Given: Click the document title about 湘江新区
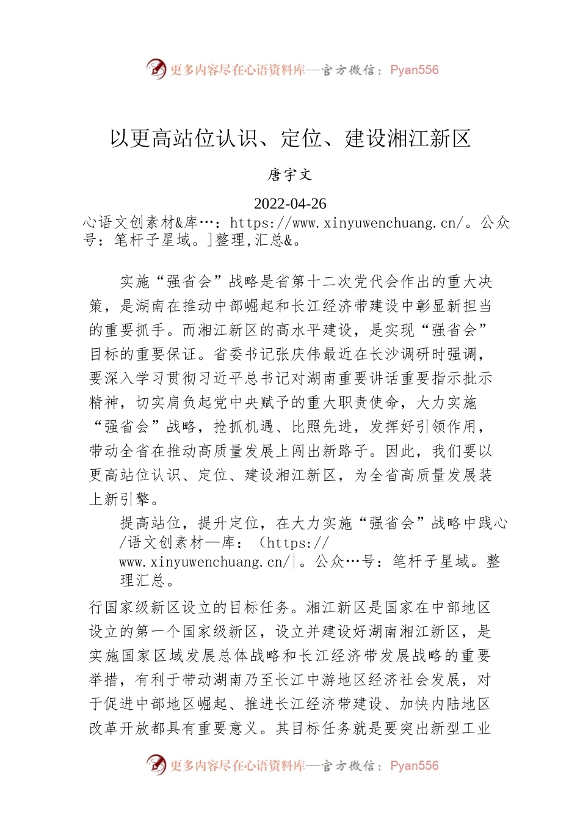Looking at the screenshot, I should (x=290, y=139).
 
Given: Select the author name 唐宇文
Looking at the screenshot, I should (x=290, y=175).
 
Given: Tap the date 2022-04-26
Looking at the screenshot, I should (x=290, y=203).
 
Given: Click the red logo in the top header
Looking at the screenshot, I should (x=156, y=69).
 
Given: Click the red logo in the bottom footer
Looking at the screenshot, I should (x=156, y=765).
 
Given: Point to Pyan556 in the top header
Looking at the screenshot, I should (x=414, y=70).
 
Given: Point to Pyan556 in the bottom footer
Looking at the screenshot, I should (x=414, y=765).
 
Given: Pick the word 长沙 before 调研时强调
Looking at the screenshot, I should (x=385, y=354).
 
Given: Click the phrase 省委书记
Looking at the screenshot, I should (x=244, y=354).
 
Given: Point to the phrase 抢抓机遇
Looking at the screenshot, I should (x=244, y=427).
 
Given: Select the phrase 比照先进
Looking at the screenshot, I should (x=322, y=427).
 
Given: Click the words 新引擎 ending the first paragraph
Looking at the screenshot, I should (x=128, y=500).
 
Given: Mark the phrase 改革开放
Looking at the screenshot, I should (x=120, y=728).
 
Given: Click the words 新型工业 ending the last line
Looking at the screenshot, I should (x=460, y=728).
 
